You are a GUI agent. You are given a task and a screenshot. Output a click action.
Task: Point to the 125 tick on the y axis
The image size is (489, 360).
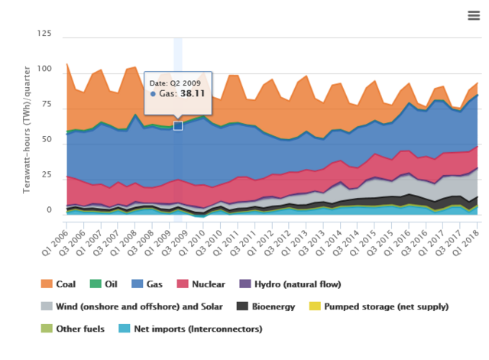(44, 35)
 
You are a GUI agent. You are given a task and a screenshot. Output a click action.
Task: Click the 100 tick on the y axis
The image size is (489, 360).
(44, 70)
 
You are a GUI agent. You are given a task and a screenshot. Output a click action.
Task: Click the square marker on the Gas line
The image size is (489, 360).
(178, 125)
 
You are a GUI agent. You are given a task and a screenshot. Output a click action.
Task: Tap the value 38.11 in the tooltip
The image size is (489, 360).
(193, 94)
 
